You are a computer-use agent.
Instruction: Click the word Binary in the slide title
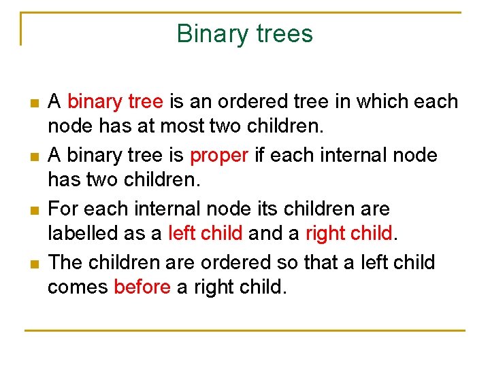click(209, 34)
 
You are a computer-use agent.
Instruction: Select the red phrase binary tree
click(115, 102)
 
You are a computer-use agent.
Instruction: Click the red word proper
click(219, 156)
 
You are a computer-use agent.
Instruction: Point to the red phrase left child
click(205, 234)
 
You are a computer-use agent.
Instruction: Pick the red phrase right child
click(349, 234)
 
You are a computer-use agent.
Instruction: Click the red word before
click(142, 287)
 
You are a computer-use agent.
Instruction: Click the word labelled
click(88, 234)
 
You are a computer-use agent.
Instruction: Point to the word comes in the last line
click(78, 287)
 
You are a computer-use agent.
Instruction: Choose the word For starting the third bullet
click(63, 209)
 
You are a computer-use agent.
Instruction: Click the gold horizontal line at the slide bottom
click(245, 330)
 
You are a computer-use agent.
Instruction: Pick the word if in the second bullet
click(259, 156)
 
